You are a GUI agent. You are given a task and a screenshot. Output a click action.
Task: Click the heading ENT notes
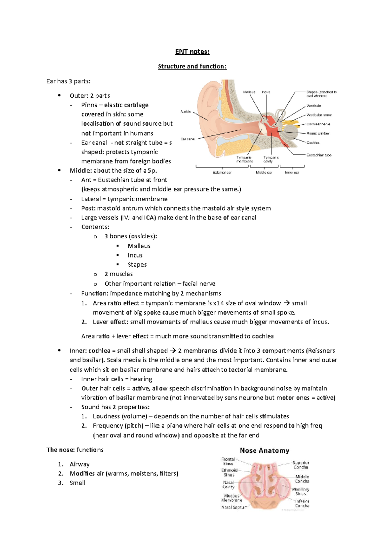tap(192, 52)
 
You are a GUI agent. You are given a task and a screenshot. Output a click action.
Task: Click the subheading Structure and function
tap(192, 66)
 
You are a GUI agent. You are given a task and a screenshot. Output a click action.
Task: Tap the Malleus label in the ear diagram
tap(249, 92)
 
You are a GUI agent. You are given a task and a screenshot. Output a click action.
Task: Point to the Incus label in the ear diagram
tap(266, 92)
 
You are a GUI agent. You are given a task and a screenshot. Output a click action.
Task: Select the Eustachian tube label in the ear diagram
tap(319, 155)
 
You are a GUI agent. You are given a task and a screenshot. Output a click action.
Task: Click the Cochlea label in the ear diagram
tap(313, 143)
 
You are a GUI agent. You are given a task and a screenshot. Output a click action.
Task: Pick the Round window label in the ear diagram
tap(318, 133)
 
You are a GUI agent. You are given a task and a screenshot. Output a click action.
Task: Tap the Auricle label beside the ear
tap(186, 111)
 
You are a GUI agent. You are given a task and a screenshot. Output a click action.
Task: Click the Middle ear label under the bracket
tap(264, 172)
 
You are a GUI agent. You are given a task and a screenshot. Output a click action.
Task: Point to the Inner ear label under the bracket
tap(292, 172)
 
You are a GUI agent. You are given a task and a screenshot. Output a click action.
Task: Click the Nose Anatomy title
tap(265, 450)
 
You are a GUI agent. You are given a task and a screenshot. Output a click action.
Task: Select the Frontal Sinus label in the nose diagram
tap(228, 461)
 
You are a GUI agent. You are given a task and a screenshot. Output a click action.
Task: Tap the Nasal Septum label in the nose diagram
tap(234, 507)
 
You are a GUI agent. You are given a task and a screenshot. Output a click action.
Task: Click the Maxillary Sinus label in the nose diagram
tap(300, 491)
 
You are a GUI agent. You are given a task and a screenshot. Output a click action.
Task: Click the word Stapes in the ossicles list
tap(137, 265)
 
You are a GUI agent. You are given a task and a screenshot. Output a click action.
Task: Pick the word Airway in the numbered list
tap(79, 464)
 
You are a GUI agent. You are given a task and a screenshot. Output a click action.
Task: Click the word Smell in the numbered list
tap(77, 483)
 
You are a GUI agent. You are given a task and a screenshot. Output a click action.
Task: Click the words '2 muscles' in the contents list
tap(118, 274)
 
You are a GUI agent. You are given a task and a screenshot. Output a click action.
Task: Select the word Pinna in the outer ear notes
tap(89, 105)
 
